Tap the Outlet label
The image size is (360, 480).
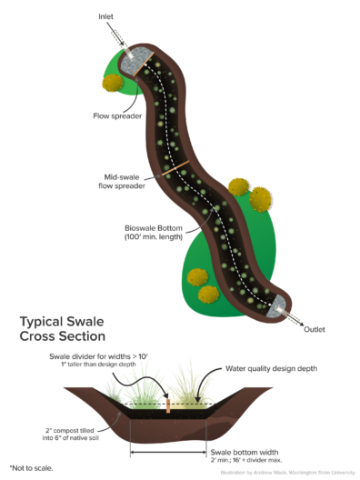(315, 329)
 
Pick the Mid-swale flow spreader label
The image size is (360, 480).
(120, 181)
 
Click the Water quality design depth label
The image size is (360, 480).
(260, 371)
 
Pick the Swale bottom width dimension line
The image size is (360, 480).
(167, 449)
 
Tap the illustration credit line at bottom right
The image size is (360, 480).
(286, 473)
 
